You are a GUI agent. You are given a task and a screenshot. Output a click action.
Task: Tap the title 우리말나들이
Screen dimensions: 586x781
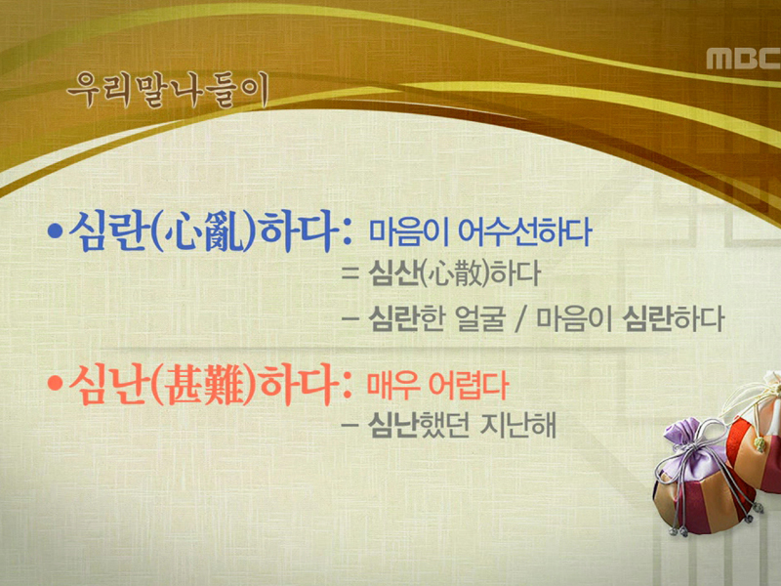point(165,89)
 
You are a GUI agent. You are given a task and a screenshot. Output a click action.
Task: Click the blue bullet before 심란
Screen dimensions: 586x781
point(56,234)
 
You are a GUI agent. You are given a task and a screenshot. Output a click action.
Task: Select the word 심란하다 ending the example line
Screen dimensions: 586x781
point(673,318)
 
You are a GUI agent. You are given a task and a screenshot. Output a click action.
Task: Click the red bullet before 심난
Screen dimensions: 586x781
point(56,384)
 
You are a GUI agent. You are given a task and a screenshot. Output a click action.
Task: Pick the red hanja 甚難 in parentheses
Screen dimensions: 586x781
point(203,384)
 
